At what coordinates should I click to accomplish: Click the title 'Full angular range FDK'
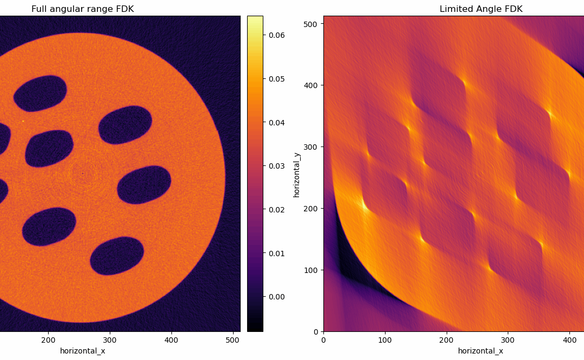tap(82, 9)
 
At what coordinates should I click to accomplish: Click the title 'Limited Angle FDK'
tap(481, 9)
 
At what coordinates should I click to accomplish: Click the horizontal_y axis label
tap(296, 175)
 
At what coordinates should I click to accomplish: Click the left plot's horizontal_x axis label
tap(82, 351)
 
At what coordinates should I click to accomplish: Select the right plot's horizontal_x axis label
tap(481, 351)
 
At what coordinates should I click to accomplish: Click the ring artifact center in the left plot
tap(83, 174)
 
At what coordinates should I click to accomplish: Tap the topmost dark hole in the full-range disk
tap(40, 93)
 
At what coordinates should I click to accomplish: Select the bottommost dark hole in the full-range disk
tap(117, 256)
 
